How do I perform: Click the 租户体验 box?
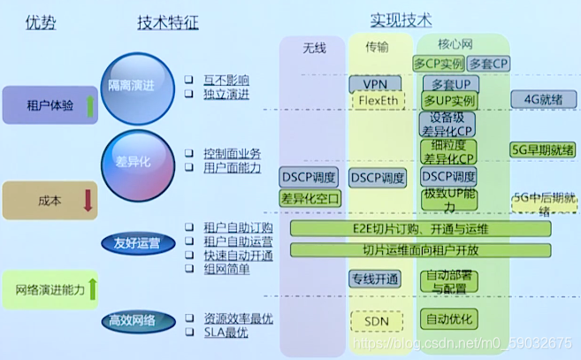[44, 105]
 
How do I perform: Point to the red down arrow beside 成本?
[87, 200]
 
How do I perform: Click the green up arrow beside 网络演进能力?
[92, 287]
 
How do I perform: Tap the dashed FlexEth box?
[376, 101]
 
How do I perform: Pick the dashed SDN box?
[376, 318]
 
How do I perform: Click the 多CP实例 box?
[438, 64]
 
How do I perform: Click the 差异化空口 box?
[310, 199]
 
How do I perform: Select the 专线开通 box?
[375, 279]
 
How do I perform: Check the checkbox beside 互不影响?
[188, 79]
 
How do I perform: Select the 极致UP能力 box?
[449, 199]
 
